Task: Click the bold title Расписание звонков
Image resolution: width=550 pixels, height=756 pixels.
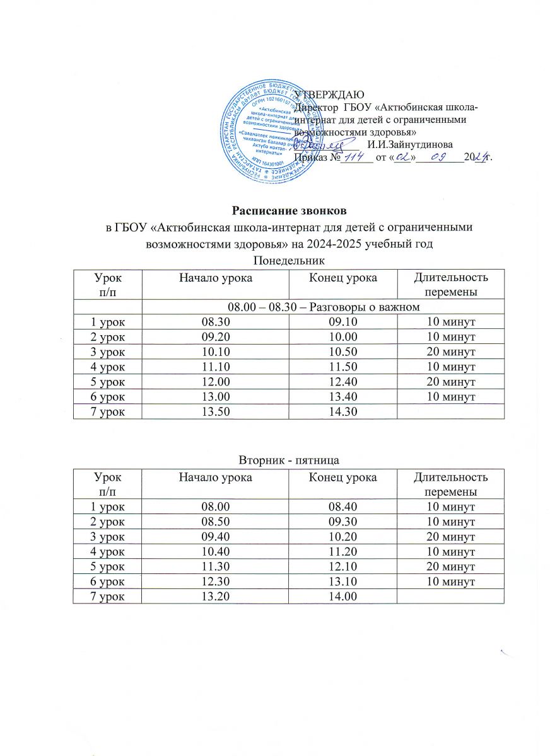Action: coord(274,210)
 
